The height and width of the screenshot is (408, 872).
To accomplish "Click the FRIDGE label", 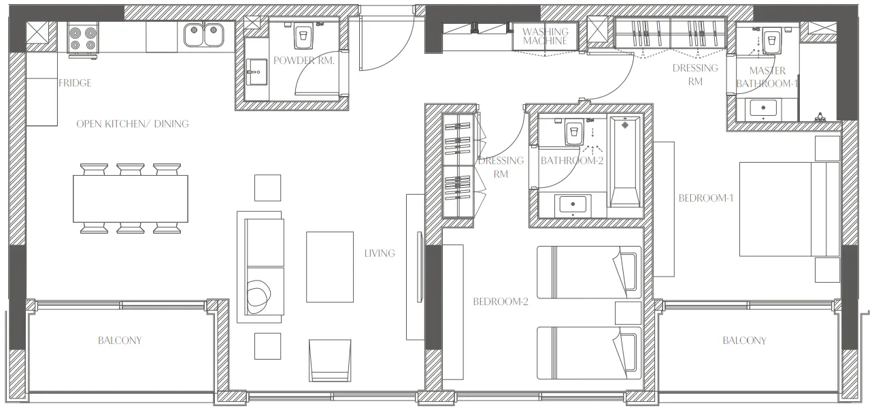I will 74,83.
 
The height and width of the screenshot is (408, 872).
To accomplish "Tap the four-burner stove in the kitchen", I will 82,37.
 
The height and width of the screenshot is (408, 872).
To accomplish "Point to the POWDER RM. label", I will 304,60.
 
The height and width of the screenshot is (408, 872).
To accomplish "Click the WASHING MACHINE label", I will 545,36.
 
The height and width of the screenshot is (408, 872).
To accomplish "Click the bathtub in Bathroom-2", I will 624,161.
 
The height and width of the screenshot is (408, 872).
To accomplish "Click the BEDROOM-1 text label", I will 705,198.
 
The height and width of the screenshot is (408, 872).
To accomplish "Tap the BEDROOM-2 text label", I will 501,302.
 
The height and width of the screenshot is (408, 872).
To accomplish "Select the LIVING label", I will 379,253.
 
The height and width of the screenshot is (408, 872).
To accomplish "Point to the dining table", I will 130,198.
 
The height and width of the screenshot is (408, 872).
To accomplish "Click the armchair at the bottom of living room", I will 329,360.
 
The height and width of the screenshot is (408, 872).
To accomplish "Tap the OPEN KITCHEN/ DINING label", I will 132,124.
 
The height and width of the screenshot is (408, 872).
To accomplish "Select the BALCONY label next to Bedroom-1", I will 744,341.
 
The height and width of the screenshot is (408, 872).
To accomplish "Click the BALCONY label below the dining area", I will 120,340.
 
